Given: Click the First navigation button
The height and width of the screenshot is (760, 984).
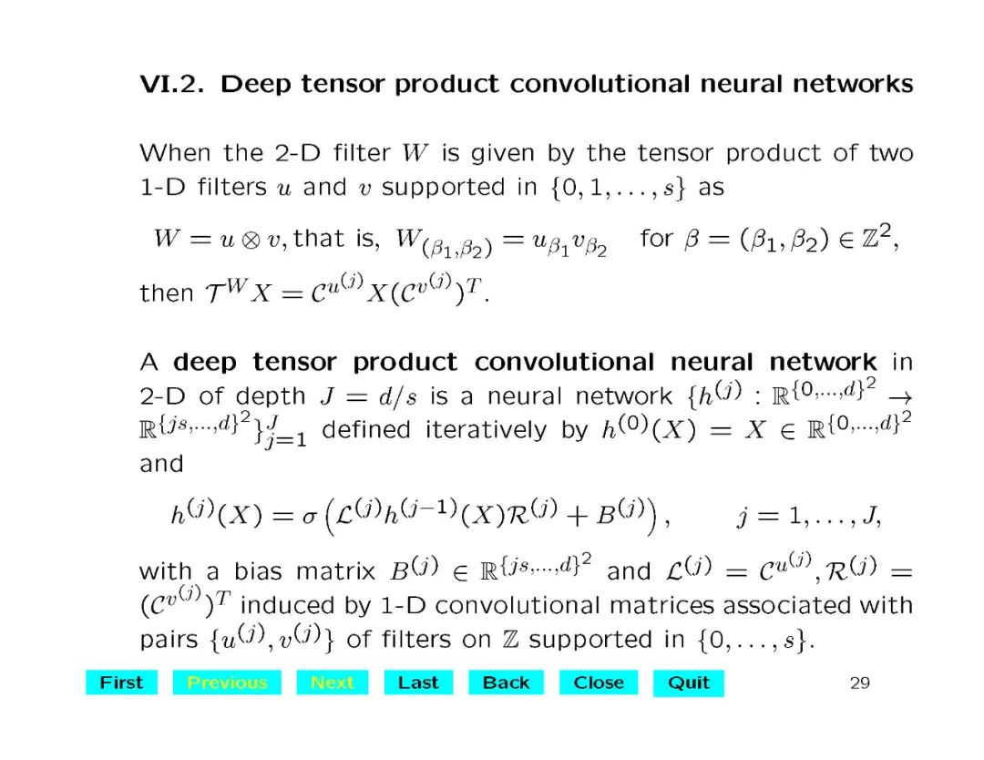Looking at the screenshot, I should [x=121, y=683].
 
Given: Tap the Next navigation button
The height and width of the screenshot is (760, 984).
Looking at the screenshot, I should [x=333, y=683].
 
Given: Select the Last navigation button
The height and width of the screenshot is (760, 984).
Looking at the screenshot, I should [x=418, y=683].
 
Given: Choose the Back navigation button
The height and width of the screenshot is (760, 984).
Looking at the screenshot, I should [x=506, y=683].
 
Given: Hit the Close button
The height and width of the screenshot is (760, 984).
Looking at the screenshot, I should [x=599, y=683].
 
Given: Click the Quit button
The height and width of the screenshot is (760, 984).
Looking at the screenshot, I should [x=688, y=683].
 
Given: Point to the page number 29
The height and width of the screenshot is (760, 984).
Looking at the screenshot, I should [x=859, y=683].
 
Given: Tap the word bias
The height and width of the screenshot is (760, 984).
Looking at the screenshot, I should [x=259, y=572].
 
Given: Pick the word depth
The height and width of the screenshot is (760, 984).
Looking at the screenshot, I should [x=269, y=396].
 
